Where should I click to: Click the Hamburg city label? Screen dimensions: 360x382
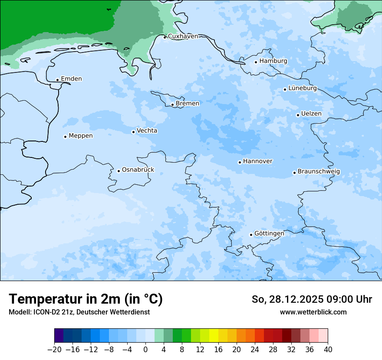point(273,61)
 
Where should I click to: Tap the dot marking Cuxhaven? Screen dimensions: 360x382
point(165,37)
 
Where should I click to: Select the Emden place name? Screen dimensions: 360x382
point(71,79)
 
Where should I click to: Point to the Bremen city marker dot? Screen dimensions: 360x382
point(172,105)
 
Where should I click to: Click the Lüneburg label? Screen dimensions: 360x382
point(302,88)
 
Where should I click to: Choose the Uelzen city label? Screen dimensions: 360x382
point(311,114)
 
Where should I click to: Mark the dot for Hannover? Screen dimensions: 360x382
point(240,163)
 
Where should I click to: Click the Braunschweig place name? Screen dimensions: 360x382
point(319,172)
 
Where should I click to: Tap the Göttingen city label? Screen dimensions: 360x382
point(269,234)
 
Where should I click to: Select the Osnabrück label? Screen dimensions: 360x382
point(138,170)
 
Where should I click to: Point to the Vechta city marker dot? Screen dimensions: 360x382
point(133,132)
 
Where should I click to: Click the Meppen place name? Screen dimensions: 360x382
point(80,136)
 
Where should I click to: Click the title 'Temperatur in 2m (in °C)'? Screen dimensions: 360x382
point(86,299)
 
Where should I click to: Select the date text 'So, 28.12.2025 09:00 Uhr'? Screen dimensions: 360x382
point(312,300)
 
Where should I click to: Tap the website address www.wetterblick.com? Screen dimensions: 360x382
point(313,312)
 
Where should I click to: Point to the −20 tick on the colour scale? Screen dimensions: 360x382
point(55,349)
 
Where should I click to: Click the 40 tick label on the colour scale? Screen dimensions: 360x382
point(328,349)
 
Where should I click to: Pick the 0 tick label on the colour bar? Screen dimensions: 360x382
point(145,349)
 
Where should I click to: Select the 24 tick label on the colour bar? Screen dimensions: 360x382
point(255,349)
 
